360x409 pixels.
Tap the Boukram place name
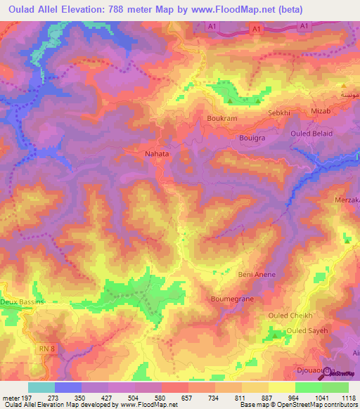221,119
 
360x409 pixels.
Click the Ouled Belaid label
311,133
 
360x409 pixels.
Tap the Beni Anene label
257,274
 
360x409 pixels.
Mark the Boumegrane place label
232,299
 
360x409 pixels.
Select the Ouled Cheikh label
290,316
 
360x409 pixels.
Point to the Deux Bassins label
22,301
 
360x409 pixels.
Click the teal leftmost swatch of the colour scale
41,387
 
